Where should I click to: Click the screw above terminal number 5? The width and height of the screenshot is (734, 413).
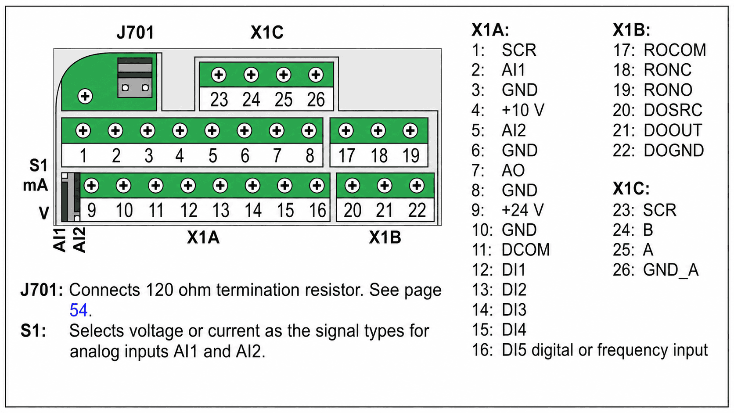point(212,130)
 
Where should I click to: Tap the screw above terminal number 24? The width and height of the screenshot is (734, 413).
point(251,75)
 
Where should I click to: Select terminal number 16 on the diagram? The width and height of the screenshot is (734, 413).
point(317,210)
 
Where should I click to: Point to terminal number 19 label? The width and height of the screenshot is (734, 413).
point(411,155)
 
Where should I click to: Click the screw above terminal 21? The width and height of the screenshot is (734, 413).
point(385,186)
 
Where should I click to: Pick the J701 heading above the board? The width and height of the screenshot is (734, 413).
point(135,32)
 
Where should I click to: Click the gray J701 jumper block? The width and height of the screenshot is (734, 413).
point(135,78)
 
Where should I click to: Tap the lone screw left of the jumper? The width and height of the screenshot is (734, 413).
point(85,96)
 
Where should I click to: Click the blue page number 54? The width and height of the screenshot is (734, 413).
point(79,310)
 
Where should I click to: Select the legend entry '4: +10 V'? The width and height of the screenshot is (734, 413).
point(507,110)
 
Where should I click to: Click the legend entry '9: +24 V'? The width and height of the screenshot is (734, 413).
point(507,210)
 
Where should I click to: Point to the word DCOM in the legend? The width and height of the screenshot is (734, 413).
point(525,250)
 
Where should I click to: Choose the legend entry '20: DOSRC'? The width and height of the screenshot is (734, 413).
point(658,110)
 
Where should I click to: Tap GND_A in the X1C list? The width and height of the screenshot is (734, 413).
point(671,270)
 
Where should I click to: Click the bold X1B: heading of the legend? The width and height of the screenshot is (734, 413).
point(632,30)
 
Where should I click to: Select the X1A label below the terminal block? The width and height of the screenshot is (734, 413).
point(203,237)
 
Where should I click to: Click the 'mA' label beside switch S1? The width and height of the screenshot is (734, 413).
point(36,185)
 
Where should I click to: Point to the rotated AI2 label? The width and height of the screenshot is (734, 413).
point(79,240)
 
